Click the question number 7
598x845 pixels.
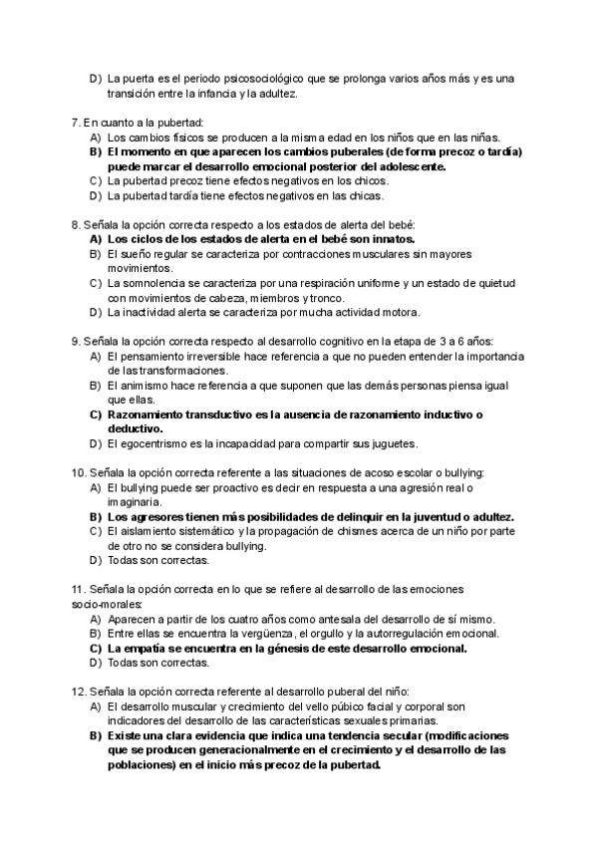[75, 123]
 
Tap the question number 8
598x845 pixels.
[75, 225]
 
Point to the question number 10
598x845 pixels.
[78, 472]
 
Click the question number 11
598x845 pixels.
[78, 589]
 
